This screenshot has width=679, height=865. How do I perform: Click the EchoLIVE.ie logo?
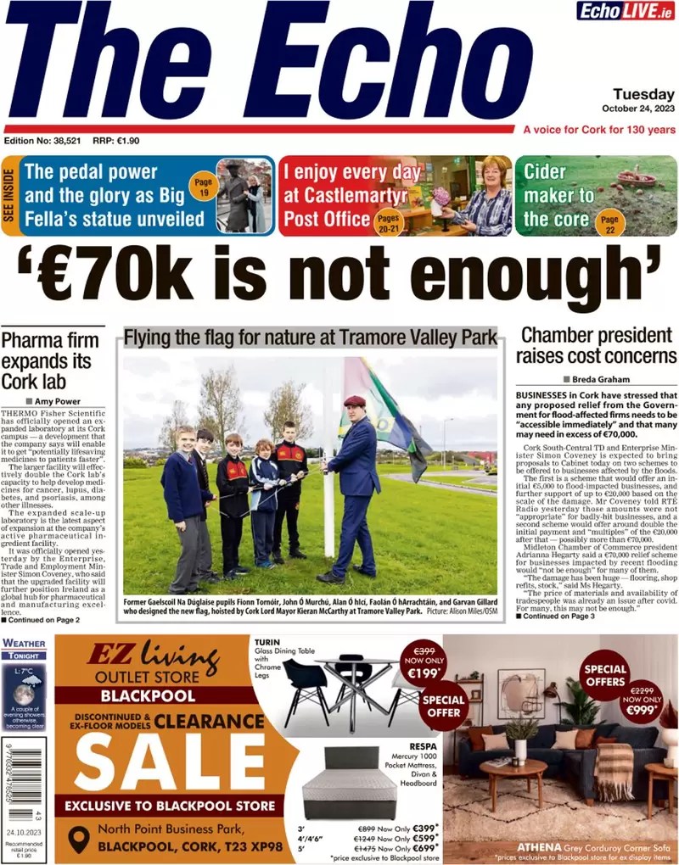click(626, 11)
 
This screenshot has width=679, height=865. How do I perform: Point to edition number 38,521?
click(42, 141)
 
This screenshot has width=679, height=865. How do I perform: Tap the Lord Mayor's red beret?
click(355, 400)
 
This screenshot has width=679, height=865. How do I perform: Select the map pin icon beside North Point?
click(79, 839)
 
